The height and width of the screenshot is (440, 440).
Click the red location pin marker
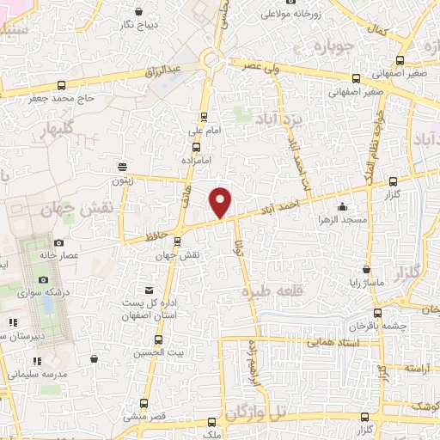222,201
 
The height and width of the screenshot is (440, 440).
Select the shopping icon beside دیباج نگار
139,12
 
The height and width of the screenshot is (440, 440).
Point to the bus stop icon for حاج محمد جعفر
60,85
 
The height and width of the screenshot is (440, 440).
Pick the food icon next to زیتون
124,166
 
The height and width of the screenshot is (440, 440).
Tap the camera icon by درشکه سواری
43,280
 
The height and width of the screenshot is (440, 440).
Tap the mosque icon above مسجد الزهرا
343,207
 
